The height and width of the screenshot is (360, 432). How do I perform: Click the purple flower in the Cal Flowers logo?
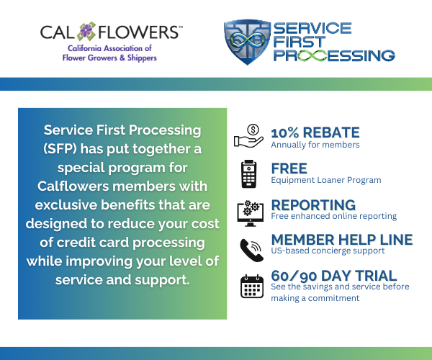click(86, 31)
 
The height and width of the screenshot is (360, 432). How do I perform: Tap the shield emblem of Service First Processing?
click(247, 42)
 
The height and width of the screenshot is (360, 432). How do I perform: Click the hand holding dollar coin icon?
click(248, 136)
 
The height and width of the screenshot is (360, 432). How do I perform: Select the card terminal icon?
click(249, 174)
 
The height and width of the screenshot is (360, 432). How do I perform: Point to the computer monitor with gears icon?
click(250, 213)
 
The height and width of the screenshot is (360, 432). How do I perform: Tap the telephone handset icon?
click(251, 250)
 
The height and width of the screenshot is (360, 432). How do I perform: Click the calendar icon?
click(252, 286)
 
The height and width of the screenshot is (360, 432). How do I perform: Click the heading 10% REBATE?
click(315, 132)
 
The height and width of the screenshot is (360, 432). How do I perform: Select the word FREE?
click(289, 168)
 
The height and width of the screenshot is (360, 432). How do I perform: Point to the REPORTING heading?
click(313, 205)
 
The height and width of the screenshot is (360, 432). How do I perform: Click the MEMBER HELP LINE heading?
click(342, 240)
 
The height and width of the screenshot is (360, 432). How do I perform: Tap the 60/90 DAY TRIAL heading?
click(333, 276)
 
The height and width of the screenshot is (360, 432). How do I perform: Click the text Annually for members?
click(315, 145)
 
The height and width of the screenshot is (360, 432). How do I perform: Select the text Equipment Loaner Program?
click(326, 180)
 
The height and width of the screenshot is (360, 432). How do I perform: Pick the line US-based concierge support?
click(328, 251)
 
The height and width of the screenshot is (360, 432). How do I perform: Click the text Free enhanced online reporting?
click(333, 216)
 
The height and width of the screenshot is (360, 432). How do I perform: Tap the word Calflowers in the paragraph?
click(73, 186)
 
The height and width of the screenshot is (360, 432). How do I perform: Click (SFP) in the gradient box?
click(60, 149)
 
